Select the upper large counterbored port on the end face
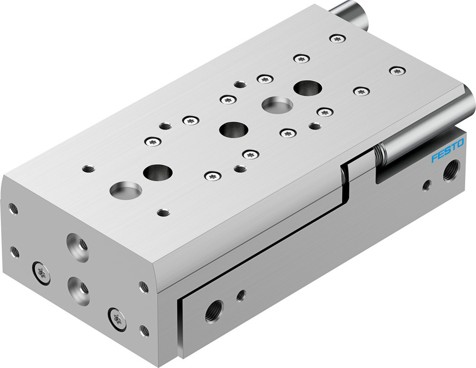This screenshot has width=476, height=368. coord(78,247)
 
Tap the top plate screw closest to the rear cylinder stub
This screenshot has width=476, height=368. coord(337,38)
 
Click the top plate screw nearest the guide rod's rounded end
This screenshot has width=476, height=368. coord(397,70)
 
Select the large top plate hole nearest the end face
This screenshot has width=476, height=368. coord(125,190)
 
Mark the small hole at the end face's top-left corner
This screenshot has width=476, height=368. coord(13,208)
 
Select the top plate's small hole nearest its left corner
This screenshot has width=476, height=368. coord(88,169)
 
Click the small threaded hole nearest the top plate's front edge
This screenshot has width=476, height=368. coord(163,212)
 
